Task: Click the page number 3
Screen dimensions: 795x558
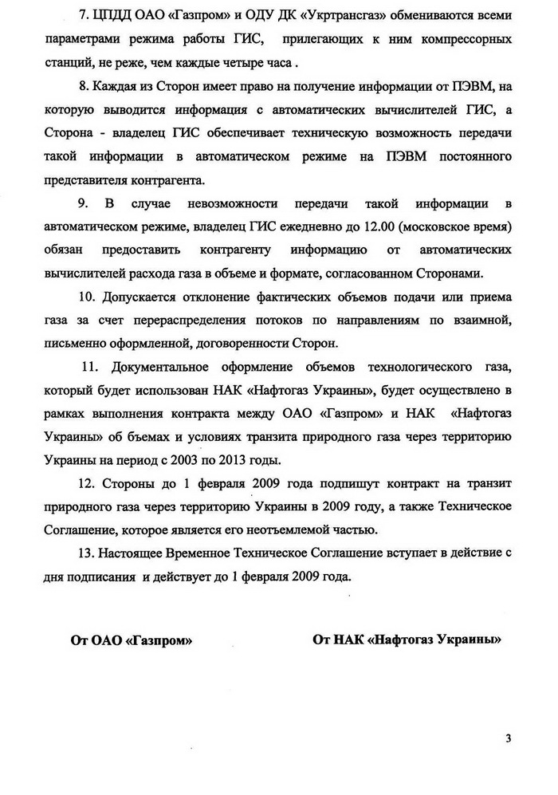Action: tap(508, 738)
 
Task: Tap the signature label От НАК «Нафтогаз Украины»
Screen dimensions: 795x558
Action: tap(407, 639)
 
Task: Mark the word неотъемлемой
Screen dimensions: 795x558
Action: tap(314, 528)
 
